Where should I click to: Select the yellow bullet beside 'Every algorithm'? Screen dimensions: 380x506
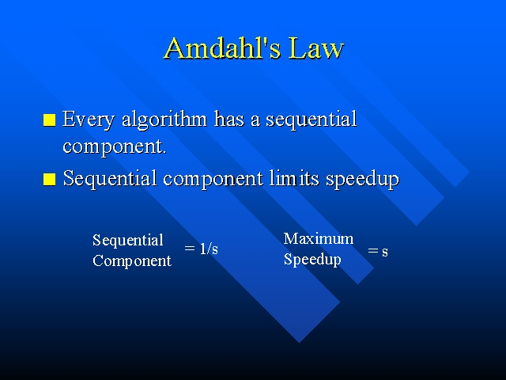point(50,121)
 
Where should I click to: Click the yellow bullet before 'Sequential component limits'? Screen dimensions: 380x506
point(50,180)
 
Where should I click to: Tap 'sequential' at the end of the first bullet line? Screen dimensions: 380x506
point(311,120)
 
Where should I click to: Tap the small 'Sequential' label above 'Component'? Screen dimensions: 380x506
point(128,241)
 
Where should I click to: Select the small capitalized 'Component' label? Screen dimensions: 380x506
point(131,261)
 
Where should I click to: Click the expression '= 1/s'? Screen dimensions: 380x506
point(202,249)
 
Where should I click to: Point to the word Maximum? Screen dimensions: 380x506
point(319,239)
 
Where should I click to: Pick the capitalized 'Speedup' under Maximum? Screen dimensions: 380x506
point(312,260)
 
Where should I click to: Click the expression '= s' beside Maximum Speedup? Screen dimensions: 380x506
point(378,251)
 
